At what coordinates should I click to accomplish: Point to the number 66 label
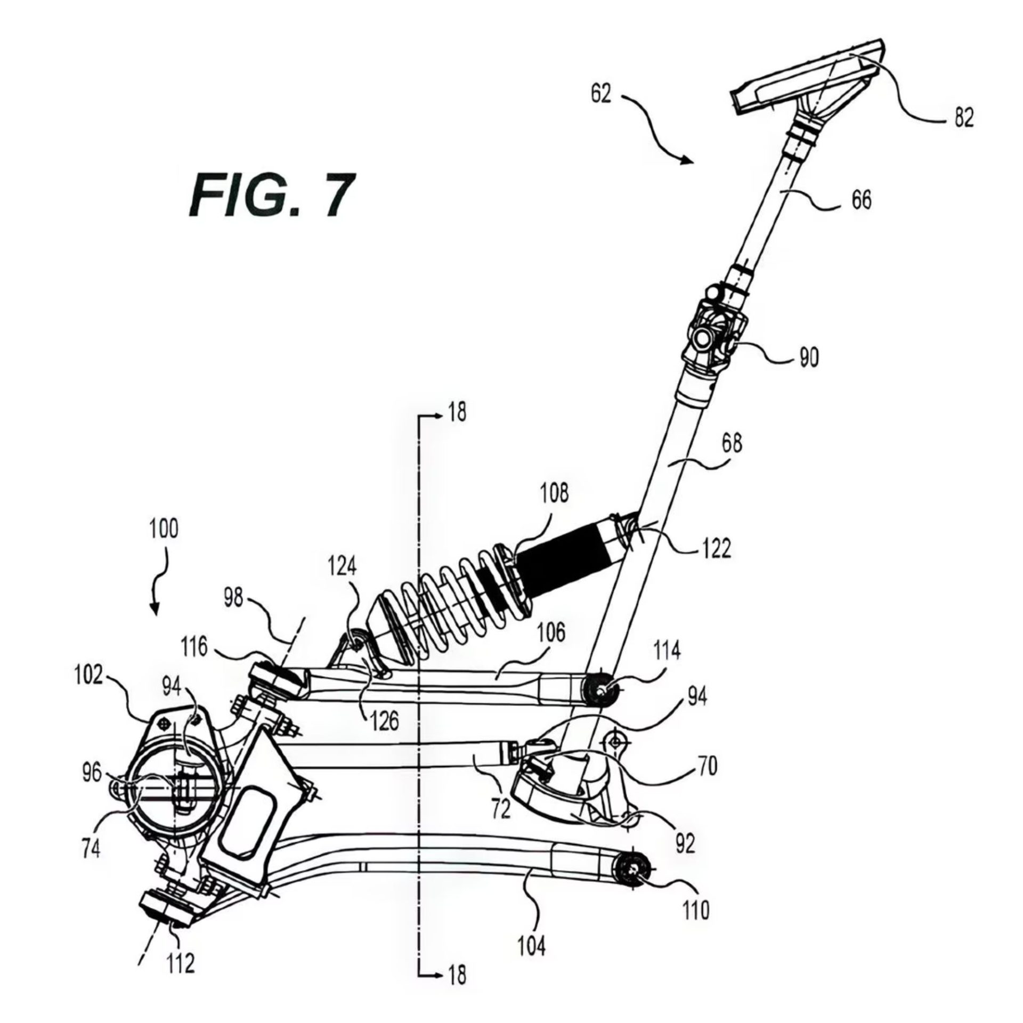(861, 200)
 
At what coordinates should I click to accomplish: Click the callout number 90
(809, 359)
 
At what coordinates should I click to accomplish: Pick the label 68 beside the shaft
(730, 443)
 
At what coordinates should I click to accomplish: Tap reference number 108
(554, 494)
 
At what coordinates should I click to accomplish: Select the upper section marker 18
(458, 412)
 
